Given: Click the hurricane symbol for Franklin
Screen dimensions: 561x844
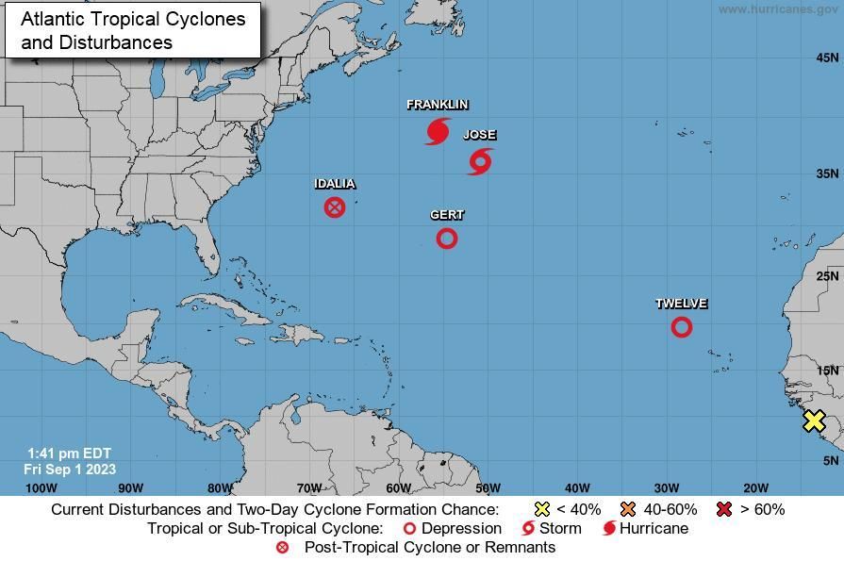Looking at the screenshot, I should click(x=437, y=131).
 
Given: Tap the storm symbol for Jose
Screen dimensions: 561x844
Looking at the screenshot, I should click(x=480, y=161).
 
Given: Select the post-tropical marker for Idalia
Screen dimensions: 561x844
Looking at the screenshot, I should click(x=335, y=206).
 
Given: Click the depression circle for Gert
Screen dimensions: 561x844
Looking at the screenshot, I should click(x=447, y=239).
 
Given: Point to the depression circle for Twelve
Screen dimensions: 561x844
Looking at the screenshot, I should click(x=682, y=327).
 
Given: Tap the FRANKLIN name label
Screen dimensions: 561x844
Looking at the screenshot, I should click(x=438, y=105).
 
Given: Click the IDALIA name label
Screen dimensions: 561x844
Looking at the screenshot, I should click(x=335, y=184).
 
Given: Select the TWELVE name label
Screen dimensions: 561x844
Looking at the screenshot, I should click(x=682, y=304).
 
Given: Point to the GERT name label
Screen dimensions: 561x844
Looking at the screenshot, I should click(x=447, y=215).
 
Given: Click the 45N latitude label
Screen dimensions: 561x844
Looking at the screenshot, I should click(x=827, y=58).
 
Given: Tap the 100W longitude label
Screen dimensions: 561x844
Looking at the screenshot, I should click(x=41, y=487).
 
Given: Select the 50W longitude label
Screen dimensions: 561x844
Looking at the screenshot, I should click(x=488, y=487).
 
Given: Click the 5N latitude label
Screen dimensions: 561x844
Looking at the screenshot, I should click(x=830, y=460).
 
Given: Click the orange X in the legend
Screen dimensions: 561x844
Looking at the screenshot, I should click(x=628, y=509).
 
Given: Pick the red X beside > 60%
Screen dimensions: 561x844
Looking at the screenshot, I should click(x=724, y=509).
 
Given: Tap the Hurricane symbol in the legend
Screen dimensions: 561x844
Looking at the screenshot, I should click(x=609, y=529).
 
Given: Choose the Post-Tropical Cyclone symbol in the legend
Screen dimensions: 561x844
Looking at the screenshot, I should click(x=282, y=548).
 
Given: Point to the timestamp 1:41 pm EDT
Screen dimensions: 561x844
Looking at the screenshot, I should click(x=71, y=454).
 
